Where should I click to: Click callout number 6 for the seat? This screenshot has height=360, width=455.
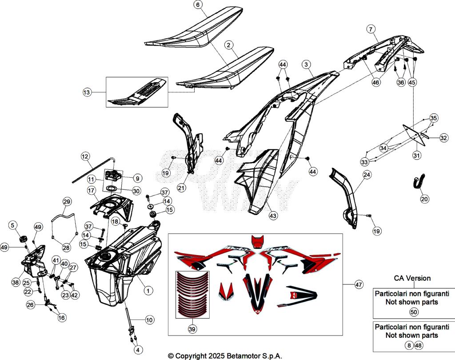click(x=198, y=5)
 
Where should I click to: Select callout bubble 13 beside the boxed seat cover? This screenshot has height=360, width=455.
click(x=87, y=92)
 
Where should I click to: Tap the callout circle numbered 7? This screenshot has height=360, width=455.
click(x=370, y=29)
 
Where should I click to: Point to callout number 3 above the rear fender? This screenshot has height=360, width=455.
click(x=306, y=65)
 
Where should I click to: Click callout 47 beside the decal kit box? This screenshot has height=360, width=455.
click(x=358, y=284)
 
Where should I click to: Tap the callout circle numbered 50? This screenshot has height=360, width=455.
click(x=413, y=312)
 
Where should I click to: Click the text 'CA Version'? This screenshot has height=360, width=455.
click(x=412, y=278)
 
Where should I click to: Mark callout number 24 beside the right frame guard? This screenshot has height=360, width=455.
click(x=367, y=175)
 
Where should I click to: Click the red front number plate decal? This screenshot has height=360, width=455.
click(x=257, y=242)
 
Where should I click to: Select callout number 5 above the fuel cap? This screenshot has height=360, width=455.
click(x=12, y=225)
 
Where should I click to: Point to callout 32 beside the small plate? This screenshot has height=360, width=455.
click(x=443, y=138)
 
